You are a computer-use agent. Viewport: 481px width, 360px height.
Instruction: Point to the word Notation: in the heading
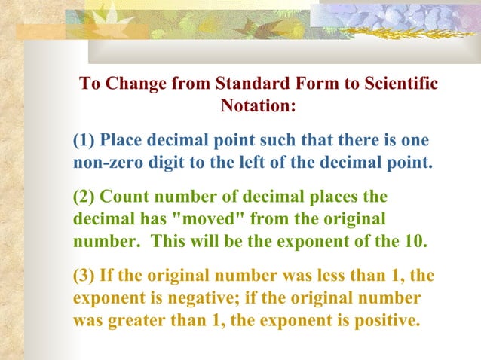[258, 105]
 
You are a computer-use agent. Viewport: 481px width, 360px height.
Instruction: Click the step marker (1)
[84, 141]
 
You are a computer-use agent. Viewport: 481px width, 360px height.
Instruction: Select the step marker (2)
[84, 198]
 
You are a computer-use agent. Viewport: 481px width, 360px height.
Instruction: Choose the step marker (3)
[84, 276]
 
